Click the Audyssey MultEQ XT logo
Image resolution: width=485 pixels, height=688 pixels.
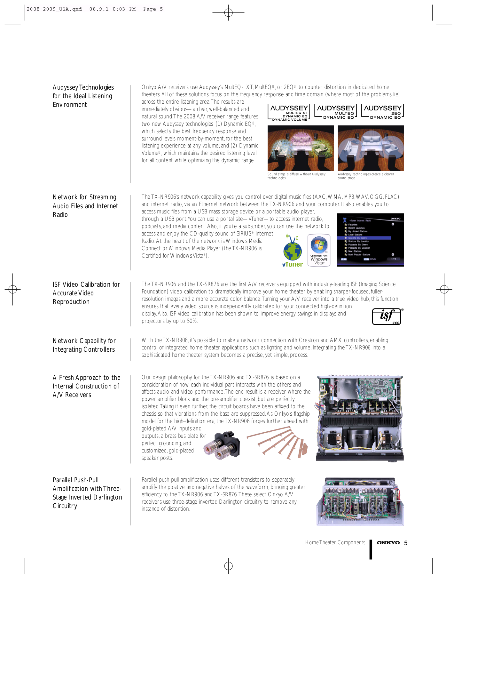[x=289, y=112]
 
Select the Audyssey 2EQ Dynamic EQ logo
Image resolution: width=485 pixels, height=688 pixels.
[x=382, y=111]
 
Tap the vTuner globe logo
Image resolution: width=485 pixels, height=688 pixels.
[x=292, y=251]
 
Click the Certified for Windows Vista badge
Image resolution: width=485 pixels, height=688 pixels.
[x=319, y=250]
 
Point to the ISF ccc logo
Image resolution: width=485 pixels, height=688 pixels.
[x=387, y=316]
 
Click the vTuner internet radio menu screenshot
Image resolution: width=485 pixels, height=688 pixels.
[x=370, y=240]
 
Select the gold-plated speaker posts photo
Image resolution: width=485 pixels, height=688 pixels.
[x=223, y=445]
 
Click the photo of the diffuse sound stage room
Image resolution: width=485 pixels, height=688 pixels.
[x=300, y=148]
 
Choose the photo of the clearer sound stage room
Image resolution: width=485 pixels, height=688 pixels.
[x=371, y=148]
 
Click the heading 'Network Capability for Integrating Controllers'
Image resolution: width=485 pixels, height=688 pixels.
[x=84, y=345]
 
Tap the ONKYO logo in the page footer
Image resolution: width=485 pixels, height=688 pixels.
[x=388, y=543]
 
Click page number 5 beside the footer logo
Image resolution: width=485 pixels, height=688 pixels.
[x=406, y=543]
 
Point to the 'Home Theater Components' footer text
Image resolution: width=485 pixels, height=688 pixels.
[x=335, y=542]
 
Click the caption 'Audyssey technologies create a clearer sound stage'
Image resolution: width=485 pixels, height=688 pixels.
[x=366, y=176]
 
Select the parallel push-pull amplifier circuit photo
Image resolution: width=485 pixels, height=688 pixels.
[x=360, y=501]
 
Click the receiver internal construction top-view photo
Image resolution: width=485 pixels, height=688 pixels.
[x=360, y=418]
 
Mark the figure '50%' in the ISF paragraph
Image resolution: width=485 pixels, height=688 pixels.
[x=192, y=321]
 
